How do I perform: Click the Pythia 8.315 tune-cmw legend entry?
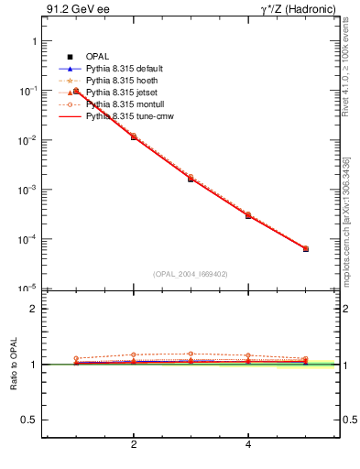pos(129,116)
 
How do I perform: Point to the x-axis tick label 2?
pos(134,445)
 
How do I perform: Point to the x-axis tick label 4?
pos(248,445)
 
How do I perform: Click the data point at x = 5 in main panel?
pos(306,248)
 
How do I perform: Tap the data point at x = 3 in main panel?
pos(191,179)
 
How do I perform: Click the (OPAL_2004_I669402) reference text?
pos(190,273)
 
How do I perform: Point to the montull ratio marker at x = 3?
pos(191,354)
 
